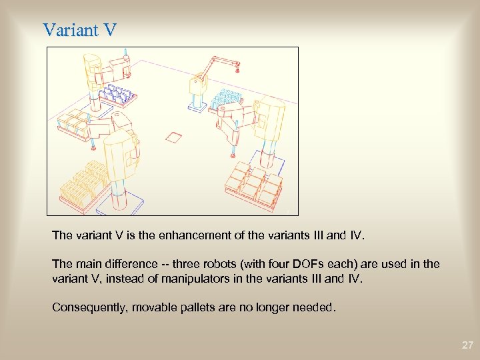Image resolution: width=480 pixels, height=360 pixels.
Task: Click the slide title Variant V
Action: [x=79, y=30]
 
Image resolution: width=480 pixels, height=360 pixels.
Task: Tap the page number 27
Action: [x=467, y=345]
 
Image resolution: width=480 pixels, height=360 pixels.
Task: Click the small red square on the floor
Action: [x=173, y=138]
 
